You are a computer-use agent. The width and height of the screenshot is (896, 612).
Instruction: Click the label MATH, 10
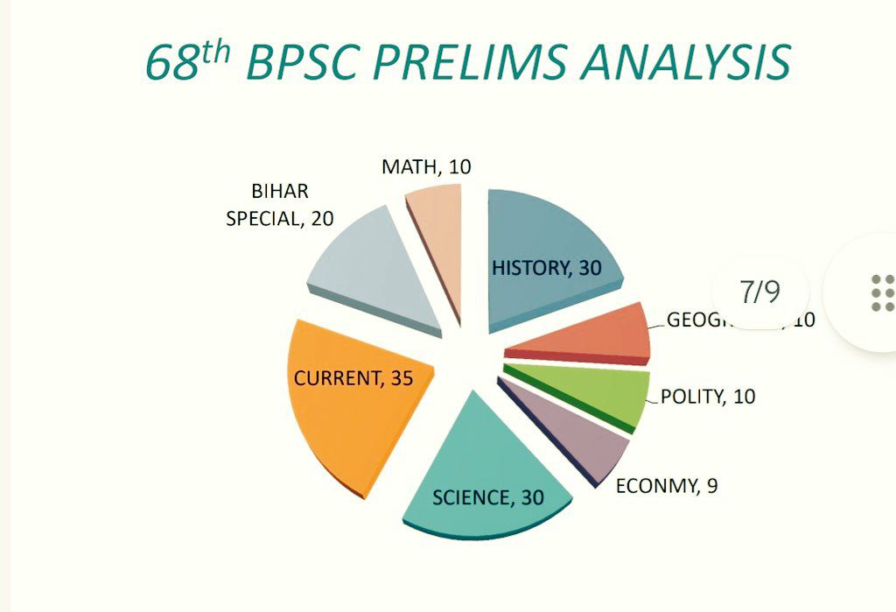pyautogui.click(x=426, y=166)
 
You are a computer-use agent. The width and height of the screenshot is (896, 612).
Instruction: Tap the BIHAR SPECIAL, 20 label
pyautogui.click(x=280, y=206)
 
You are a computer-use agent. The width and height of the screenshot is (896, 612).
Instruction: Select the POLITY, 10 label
pyautogui.click(x=708, y=397)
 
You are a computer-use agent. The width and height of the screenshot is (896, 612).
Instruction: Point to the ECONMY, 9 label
pyautogui.click(x=667, y=486)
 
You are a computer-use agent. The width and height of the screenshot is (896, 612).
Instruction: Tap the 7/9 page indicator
pyautogui.click(x=759, y=292)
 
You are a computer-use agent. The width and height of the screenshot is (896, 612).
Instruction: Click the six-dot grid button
pyautogui.click(x=882, y=292)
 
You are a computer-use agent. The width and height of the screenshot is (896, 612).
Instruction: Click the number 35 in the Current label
pyautogui.click(x=401, y=378)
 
